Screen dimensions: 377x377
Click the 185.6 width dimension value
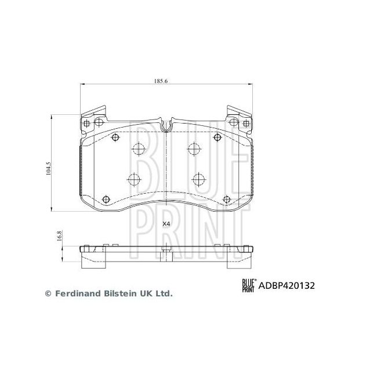(161, 81)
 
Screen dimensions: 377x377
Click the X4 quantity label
(166, 223)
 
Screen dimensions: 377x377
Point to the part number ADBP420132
(289, 285)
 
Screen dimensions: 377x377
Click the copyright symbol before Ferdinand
(48, 294)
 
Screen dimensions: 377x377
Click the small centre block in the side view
(166, 251)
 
